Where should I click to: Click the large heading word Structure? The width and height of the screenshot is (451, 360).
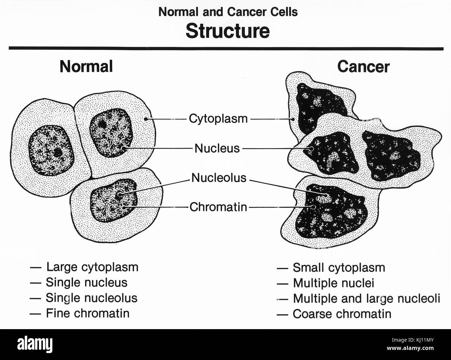[x=228, y=31]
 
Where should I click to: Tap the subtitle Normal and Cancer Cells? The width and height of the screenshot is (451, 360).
[x=228, y=12]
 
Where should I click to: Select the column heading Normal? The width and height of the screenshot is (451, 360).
[x=86, y=66]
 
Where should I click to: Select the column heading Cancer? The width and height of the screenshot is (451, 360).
[x=363, y=67]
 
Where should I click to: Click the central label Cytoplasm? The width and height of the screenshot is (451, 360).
[x=218, y=119]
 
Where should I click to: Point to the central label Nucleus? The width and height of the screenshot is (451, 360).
[x=217, y=148]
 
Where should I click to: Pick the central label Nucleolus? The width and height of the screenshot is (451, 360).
[x=219, y=178]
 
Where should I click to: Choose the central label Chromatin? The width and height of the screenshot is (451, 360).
[x=218, y=207]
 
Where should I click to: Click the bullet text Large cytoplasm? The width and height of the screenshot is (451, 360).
[x=92, y=267]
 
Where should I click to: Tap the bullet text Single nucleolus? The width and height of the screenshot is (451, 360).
[x=92, y=298]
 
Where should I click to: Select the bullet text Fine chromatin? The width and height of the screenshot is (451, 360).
[x=87, y=313]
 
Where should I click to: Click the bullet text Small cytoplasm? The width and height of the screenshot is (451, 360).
[x=339, y=268]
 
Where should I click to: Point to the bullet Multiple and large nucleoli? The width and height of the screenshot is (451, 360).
[x=366, y=298]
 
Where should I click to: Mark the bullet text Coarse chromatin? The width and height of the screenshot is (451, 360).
[x=342, y=314]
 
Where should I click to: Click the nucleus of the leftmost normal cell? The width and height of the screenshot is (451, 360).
[x=50, y=152]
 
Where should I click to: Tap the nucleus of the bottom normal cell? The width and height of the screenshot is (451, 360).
[x=114, y=202]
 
